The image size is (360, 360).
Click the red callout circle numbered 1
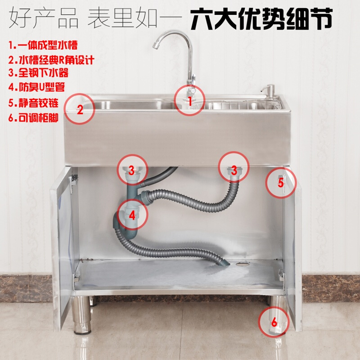click(175, 100)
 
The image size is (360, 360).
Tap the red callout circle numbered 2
click(65, 109)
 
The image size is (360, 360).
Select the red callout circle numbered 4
click(118, 215)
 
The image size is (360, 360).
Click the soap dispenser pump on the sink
click(269, 93)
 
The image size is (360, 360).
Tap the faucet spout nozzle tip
click(156, 46)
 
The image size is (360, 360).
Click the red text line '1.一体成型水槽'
click(43, 45)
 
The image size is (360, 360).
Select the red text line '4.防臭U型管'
click(37, 87)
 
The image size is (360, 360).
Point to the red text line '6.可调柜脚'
click(33, 118)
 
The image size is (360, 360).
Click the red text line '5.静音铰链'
click(33, 103)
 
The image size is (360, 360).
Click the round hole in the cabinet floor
click(243, 264)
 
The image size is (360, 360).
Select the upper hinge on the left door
click(73, 182)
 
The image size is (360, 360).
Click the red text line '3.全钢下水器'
click(39, 73)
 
